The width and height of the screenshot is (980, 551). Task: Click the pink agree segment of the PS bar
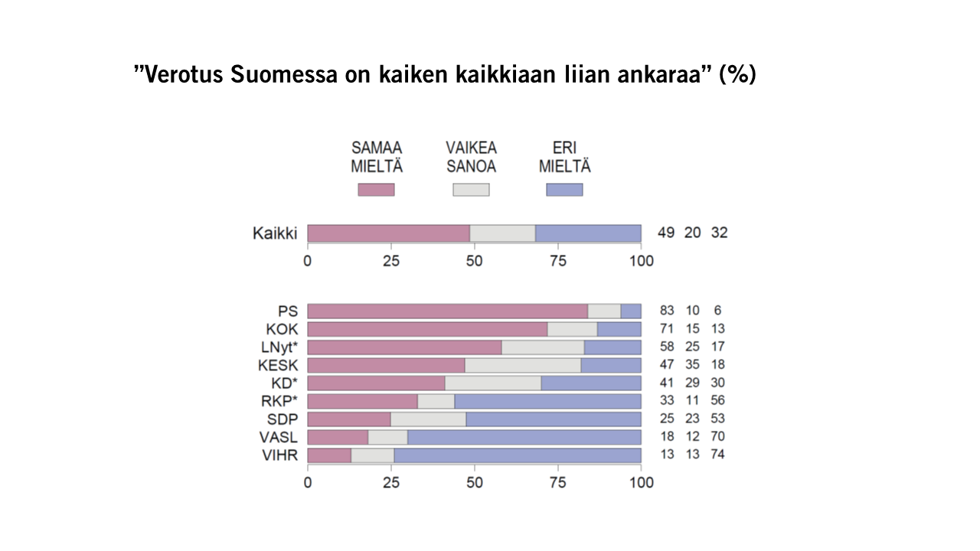pos(447,311)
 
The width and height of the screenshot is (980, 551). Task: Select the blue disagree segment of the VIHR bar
pos(518,455)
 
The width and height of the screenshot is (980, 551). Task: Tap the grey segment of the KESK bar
pos(522,364)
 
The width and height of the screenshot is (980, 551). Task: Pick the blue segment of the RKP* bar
pos(547,400)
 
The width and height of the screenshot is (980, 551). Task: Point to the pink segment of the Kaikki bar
pos(388,233)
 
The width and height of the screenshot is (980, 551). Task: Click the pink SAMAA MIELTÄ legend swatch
pos(376,190)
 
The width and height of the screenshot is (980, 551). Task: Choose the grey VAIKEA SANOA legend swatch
pos(471,190)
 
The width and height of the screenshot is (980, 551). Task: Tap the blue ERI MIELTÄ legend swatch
pos(564,190)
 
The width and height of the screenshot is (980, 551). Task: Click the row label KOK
pos(283,329)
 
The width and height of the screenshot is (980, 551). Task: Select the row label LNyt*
pos(279,347)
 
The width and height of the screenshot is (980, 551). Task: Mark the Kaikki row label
pos(275,233)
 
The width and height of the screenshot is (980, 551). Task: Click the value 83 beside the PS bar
pos(667,311)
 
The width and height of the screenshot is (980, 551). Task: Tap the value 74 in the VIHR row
pos(717,455)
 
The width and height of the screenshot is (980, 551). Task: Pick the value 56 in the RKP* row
pos(717,400)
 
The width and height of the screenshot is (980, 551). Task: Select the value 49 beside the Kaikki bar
pos(666,233)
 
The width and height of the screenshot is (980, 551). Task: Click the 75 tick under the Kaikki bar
pos(557,261)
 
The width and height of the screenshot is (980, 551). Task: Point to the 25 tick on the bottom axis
pos(391,483)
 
